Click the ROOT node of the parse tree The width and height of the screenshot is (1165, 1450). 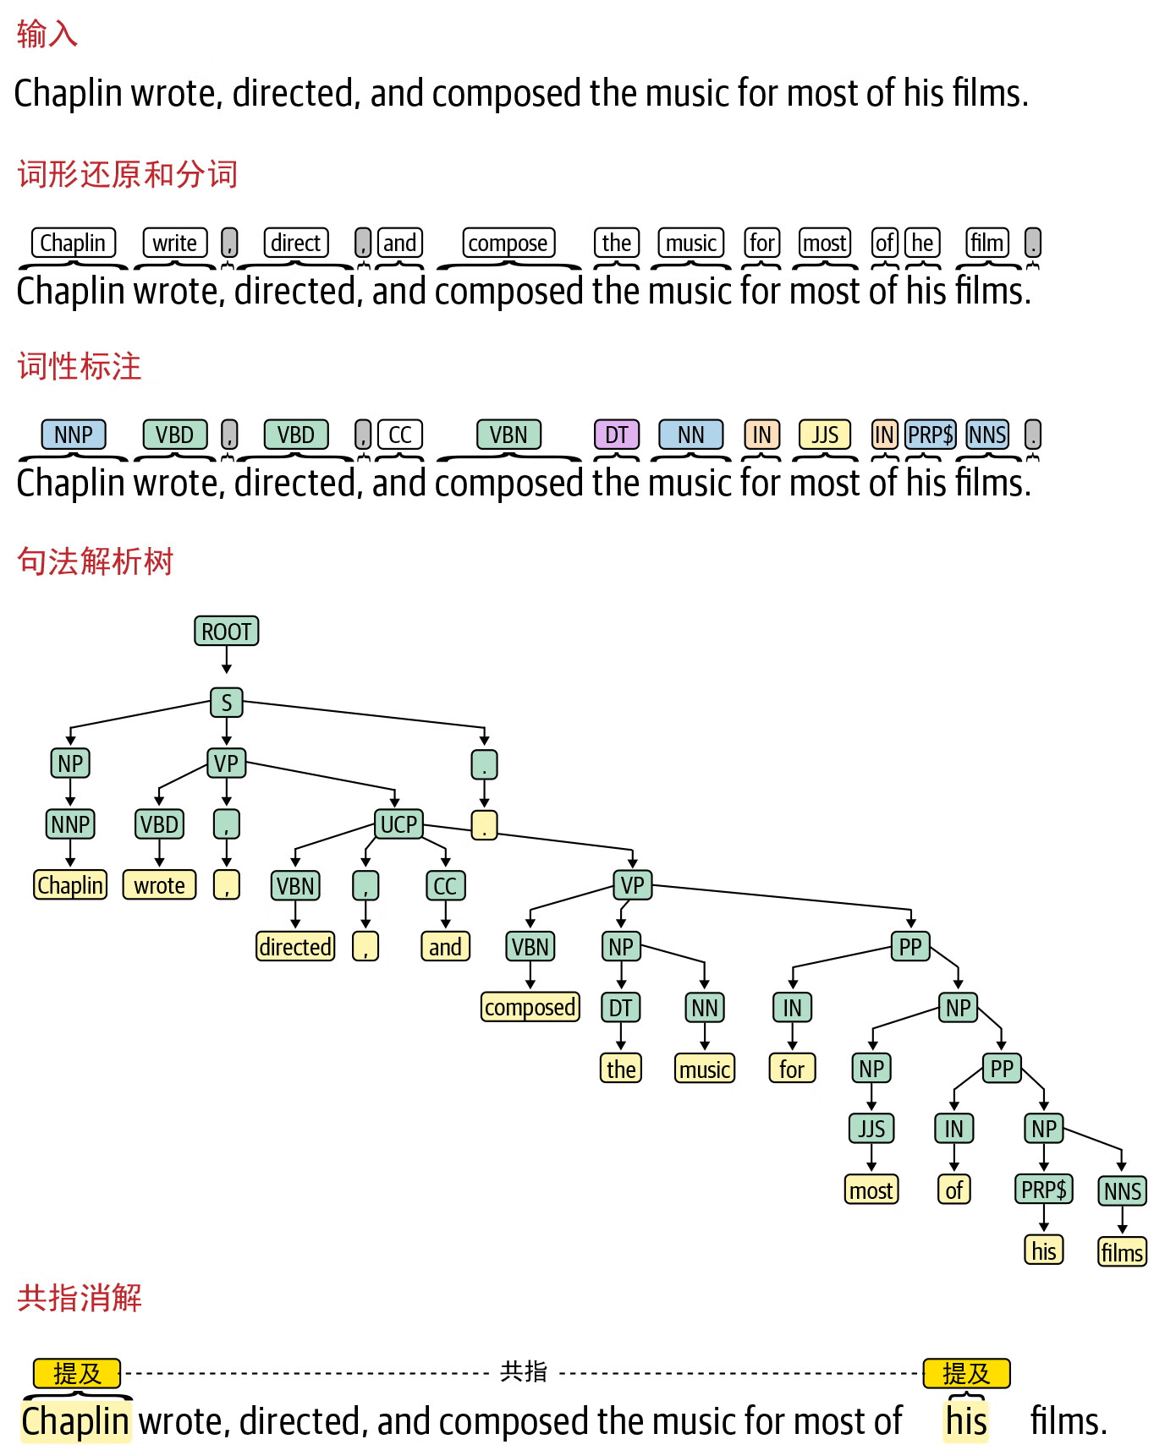tap(226, 631)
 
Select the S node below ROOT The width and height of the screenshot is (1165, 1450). tap(226, 702)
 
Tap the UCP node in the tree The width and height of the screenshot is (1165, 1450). tap(398, 823)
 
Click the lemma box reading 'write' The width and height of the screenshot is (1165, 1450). tap(174, 243)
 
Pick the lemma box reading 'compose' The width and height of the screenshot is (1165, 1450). tap(508, 243)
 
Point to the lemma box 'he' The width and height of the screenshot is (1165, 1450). tap(922, 243)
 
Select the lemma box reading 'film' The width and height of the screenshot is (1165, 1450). tap(987, 243)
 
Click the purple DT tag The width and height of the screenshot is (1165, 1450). tap(616, 435)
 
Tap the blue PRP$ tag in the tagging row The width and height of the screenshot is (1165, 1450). tap(930, 435)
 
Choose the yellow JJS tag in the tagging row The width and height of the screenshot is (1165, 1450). tap(825, 435)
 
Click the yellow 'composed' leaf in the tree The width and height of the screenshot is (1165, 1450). tap(530, 1007)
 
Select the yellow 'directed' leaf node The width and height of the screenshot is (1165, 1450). tap(295, 946)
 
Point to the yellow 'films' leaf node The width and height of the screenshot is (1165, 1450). tap(1122, 1251)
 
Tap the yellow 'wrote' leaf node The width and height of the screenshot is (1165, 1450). tap(159, 885)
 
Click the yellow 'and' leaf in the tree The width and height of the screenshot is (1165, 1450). tap(445, 946)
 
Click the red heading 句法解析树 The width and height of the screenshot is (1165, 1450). tap(96, 561)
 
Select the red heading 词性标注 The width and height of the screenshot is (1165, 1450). tap(80, 366)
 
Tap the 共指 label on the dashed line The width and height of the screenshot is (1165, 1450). tap(524, 1371)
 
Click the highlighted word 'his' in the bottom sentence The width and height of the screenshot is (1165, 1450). tap(966, 1421)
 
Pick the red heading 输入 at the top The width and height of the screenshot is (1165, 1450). tap(47, 34)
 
